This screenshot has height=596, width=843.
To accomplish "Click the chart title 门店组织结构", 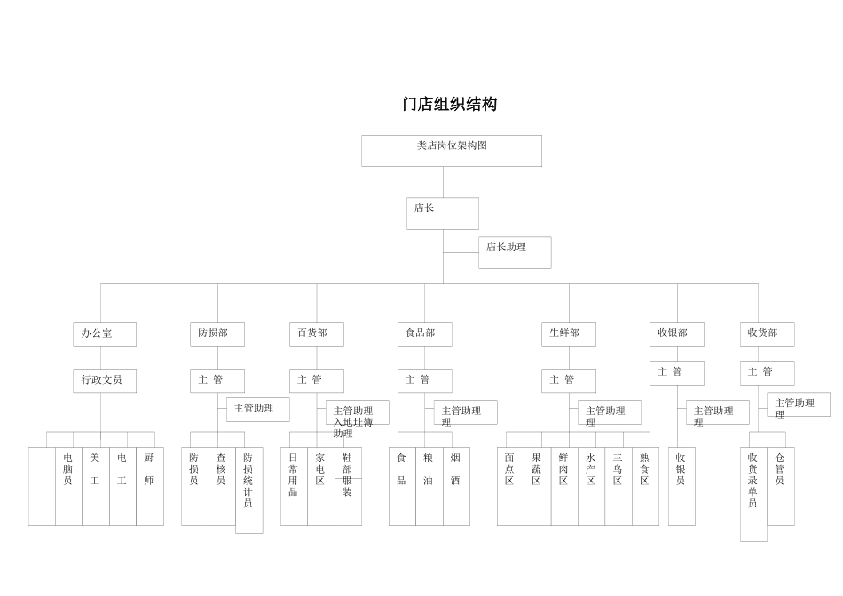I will pos(449,105).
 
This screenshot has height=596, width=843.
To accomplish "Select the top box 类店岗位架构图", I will pos(451,150).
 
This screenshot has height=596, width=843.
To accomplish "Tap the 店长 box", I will pos(442,213).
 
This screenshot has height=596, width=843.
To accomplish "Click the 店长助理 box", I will pos(515,252).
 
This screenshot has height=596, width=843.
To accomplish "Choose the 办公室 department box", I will pos(104,334).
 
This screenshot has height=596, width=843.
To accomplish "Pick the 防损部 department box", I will pos(217,334).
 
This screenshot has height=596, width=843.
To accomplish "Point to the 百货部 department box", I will pos(316,334).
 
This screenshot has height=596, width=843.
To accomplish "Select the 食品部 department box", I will pos(424,334).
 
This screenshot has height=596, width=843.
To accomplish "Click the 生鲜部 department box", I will pos(568,334).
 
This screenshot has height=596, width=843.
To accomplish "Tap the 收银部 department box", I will pos(676,334).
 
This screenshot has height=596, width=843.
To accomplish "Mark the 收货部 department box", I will pos(767,334).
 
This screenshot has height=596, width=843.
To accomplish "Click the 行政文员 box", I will pos(104,380).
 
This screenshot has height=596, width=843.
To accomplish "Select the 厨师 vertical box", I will pos(149,486).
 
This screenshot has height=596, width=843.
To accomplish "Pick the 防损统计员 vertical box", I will pos(248,490).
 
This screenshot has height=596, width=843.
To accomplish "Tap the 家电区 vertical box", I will pos(320,486).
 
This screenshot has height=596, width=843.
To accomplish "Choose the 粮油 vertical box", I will pos(429,486).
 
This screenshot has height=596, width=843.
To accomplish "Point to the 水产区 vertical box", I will pos(591,486).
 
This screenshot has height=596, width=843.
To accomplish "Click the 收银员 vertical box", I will pos(681,486).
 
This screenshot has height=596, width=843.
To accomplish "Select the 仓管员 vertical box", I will pos(780,486).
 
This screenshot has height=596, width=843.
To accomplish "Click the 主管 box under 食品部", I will pos(424,380).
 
